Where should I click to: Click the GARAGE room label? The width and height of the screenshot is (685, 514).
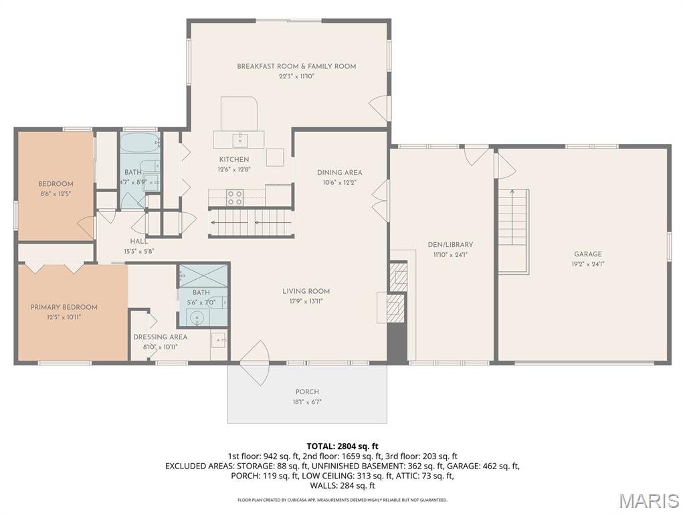(587, 254)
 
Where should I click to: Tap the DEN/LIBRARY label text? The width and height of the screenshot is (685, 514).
(450, 245)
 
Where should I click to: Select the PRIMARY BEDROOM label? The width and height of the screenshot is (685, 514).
(64, 307)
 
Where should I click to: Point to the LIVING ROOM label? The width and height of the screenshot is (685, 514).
(306, 291)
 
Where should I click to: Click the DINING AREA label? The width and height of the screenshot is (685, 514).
(339, 173)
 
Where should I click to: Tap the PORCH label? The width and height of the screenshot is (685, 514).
(307, 392)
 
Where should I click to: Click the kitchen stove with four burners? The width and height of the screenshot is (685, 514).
(235, 197)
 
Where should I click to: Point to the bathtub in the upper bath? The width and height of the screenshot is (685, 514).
(140, 142)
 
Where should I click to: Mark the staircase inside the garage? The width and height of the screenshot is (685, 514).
(513, 218)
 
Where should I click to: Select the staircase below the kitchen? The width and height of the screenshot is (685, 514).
(252, 222)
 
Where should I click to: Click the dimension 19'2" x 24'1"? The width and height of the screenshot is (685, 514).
(587, 264)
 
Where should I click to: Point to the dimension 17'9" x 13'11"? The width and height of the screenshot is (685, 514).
(306, 301)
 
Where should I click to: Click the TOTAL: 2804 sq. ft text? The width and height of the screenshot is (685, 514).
(342, 446)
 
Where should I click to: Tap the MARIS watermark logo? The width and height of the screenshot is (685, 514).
(648, 500)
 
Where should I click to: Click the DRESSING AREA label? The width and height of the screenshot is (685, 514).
(161, 337)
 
